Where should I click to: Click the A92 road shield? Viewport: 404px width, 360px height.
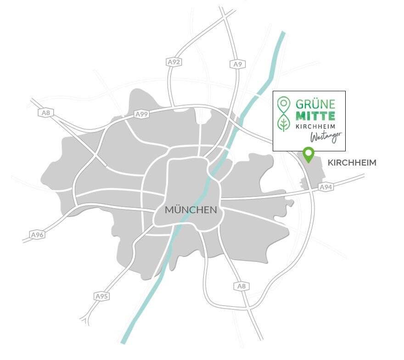tap(173, 61)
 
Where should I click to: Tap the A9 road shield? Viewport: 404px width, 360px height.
tap(237, 64)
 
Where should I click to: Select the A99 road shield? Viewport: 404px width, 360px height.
tap(141, 114)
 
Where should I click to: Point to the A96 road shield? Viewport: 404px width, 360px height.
tap(38, 234)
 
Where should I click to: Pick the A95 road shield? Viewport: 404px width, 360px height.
tap(101, 296)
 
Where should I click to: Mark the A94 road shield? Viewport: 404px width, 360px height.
tap(325, 187)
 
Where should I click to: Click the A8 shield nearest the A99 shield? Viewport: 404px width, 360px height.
tap(45, 113)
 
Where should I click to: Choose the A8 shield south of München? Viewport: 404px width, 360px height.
tap(241, 286)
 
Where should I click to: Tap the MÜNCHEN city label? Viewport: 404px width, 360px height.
tap(191, 210)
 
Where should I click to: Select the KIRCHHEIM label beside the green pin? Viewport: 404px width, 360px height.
tap(352, 163)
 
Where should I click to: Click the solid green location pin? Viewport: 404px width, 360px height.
tap(309, 154)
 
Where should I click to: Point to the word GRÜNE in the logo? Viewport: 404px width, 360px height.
tap(315, 103)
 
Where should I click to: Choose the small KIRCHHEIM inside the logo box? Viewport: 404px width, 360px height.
tap(315, 126)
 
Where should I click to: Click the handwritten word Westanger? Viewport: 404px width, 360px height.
tap(326, 136)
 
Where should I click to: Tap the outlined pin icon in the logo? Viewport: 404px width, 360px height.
tap(284, 104)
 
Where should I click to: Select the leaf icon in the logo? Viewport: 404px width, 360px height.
tap(284, 123)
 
